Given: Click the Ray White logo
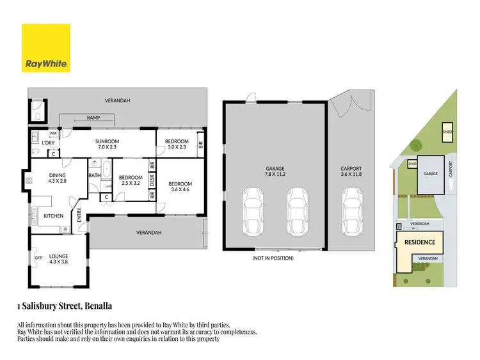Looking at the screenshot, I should tap(46, 48).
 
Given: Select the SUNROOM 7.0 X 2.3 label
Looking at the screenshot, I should tap(108, 145).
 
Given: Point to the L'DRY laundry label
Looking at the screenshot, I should tap(48, 143).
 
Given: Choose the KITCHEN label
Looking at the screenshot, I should tap(53, 216).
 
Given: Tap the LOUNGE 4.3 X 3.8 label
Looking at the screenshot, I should tap(59, 259).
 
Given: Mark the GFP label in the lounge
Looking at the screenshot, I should tap(38, 258).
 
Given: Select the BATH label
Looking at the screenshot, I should tap(94, 175).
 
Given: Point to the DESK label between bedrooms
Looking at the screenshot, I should tap(152, 181).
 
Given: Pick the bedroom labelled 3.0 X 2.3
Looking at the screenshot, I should tap(177, 145).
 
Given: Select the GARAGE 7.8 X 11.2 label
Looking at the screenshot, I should tap(275, 173).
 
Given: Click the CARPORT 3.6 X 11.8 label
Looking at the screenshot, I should tap(351, 173).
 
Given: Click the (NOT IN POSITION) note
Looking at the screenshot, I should tap(273, 258).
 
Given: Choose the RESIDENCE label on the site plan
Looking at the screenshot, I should tap(419, 242).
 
